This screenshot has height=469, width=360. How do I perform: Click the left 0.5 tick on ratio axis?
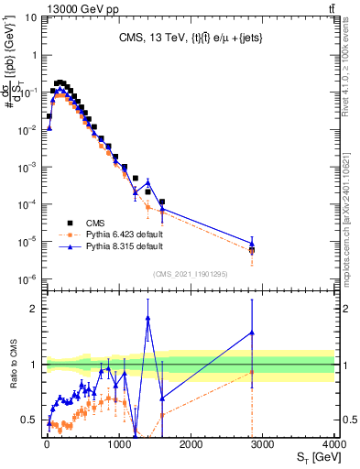pos(31,420)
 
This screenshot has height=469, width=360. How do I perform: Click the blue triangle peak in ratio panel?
pos(147,318)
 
